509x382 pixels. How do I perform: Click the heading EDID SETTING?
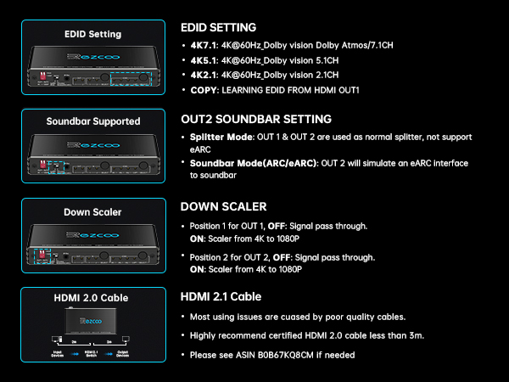coord(219,28)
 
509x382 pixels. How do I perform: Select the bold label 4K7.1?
coord(204,45)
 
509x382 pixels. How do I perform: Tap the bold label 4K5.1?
coord(204,60)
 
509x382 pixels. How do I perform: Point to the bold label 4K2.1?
coord(204,75)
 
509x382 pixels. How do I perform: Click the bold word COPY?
coord(204,90)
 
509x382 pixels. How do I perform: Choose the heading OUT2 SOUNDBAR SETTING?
coord(256,119)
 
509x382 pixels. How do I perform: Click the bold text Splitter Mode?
coord(221,137)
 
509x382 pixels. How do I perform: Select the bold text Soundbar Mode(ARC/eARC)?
coord(254,163)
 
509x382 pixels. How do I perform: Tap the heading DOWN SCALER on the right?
coord(224,206)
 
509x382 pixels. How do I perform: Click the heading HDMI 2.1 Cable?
coord(221,296)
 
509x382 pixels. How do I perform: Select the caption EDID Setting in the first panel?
coord(92,34)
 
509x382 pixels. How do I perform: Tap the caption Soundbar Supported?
coord(93,121)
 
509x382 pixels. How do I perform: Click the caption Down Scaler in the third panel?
coord(92,212)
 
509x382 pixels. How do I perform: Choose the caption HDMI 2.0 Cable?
coord(92,298)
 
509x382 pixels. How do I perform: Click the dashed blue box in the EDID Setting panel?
coord(131,72)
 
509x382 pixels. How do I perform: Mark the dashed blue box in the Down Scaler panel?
coord(42,250)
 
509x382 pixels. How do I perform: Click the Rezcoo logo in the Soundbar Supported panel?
coord(93,145)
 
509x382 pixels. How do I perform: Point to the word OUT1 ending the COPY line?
coord(349,90)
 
